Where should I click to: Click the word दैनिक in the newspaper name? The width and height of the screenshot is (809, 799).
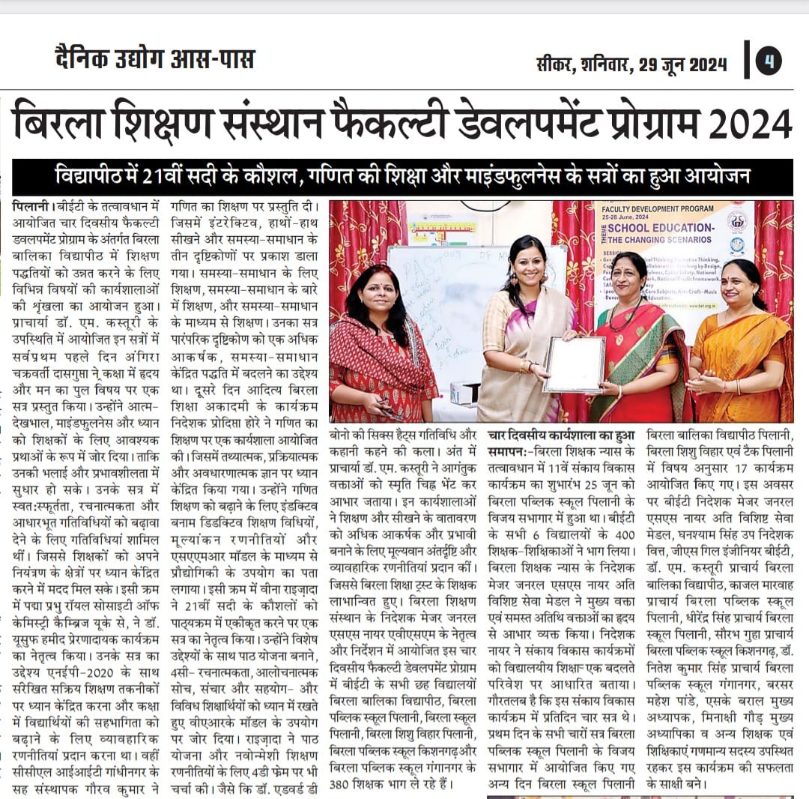(x=82, y=59)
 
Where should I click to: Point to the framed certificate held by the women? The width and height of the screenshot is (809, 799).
(x=573, y=364)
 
